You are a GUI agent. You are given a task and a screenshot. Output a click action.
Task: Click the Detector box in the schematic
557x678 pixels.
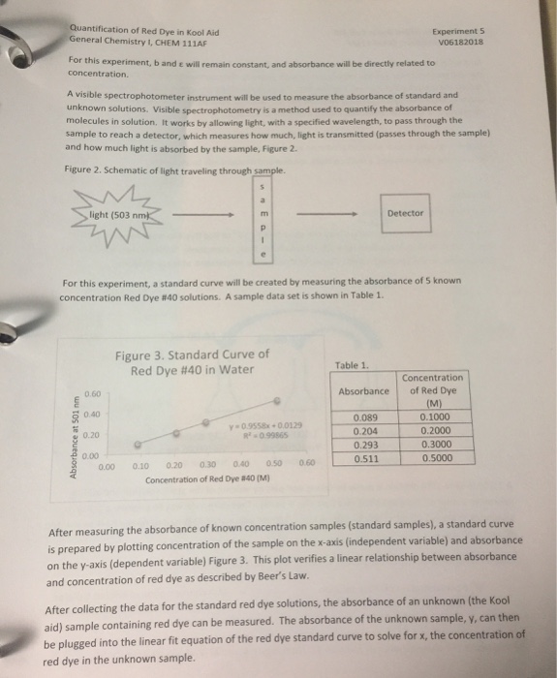tap(405, 213)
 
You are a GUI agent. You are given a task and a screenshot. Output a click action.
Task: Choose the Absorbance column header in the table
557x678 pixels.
tap(363, 391)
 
